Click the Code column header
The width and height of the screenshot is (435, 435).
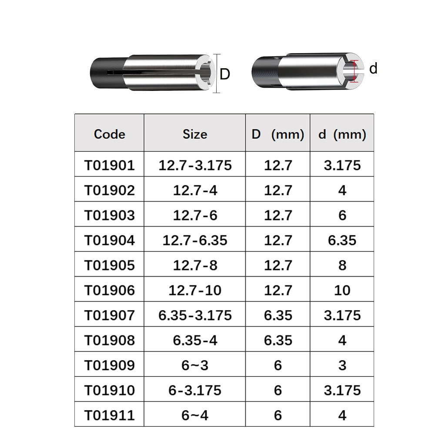(x=109, y=134)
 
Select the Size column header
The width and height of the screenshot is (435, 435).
(x=195, y=134)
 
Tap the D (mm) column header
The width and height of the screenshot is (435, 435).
(x=278, y=134)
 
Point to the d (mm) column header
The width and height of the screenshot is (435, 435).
(x=342, y=134)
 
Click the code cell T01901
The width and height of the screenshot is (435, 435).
(x=109, y=165)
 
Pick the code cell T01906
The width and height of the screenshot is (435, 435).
(x=109, y=290)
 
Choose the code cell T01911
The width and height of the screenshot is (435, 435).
(x=109, y=415)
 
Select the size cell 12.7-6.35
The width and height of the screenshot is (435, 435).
(x=195, y=240)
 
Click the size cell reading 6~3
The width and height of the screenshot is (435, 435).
(x=195, y=365)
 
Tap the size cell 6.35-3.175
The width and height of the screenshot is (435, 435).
(x=195, y=315)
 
